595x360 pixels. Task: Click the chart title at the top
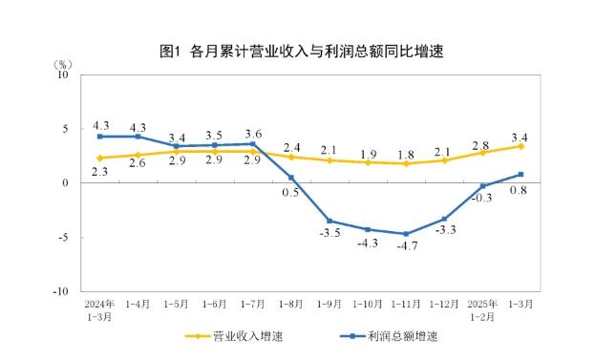click(x=297, y=52)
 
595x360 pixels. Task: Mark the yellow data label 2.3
click(x=100, y=173)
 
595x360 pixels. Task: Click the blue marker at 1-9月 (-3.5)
click(x=329, y=221)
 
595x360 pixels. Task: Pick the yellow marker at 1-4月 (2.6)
click(x=138, y=155)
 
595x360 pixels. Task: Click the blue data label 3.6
click(x=254, y=133)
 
